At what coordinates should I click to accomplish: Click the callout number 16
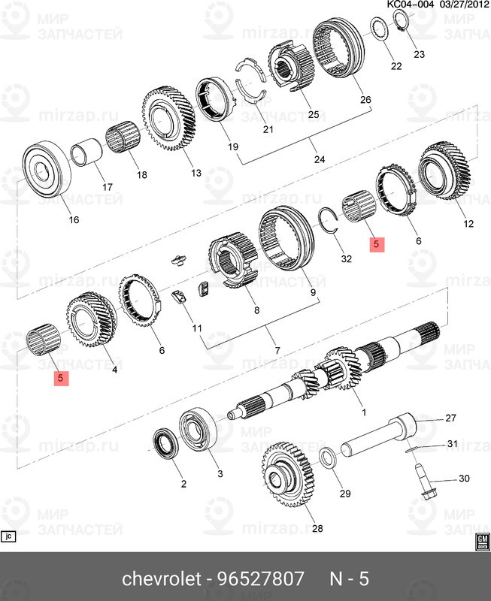(x=73, y=220)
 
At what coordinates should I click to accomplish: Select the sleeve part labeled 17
(x=85, y=155)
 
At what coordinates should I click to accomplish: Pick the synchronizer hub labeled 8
(x=231, y=262)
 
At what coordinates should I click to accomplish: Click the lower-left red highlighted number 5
(x=60, y=379)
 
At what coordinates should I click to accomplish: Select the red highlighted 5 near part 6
(x=377, y=244)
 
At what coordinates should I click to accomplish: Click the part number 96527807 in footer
(x=260, y=579)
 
